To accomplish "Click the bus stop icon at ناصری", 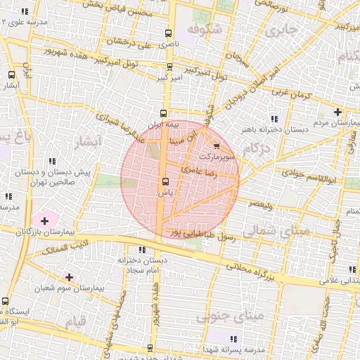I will [168, 33].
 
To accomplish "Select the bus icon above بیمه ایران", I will [165, 112].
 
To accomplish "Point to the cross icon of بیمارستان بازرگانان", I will [45, 221].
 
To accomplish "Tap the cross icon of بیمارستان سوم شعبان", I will [68, 277].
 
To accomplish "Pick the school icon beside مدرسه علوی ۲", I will [25, 12].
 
